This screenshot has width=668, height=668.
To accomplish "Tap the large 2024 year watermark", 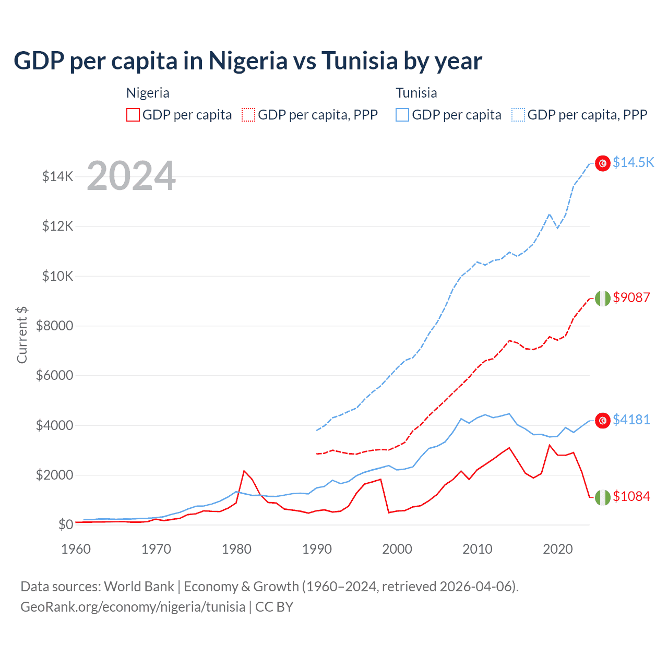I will [131, 176].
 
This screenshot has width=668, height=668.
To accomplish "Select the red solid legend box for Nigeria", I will [133, 115].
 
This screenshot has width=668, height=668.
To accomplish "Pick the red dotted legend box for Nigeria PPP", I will [248, 115].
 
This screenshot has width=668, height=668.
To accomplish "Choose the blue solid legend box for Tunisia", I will [402, 115].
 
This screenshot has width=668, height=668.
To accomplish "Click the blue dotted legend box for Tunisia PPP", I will [518, 115].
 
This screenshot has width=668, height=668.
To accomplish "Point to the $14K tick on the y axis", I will [58, 176].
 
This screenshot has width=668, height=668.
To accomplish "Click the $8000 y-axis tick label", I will [54, 326].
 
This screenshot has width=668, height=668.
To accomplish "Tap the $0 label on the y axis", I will [65, 524].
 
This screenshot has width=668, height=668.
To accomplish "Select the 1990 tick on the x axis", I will [317, 549].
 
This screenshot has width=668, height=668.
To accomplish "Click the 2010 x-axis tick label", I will [478, 549].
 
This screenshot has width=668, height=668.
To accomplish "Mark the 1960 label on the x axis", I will [76, 549].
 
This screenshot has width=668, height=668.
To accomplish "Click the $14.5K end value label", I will [633, 162].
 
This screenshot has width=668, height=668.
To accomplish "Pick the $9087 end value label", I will [631, 297].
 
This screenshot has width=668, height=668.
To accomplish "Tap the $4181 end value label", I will [631, 420].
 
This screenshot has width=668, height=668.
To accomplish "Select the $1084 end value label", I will [631, 496].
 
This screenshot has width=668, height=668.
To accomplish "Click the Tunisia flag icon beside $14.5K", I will [603, 163].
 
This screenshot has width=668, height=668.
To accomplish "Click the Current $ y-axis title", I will [22, 335].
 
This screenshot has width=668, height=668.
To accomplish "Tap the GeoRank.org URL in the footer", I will [133, 607].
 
